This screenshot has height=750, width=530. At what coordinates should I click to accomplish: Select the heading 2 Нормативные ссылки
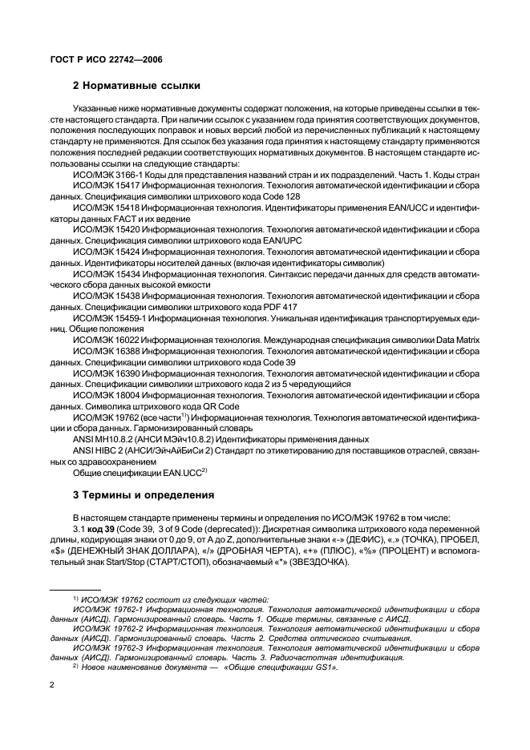pos(136,86)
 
